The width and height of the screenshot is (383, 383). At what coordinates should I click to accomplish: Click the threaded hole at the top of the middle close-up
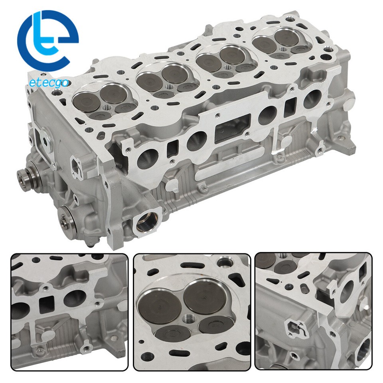[226, 262]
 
